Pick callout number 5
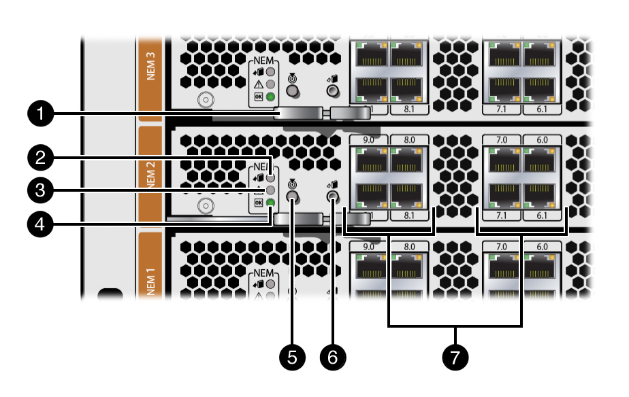click(x=293, y=356)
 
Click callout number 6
click(x=333, y=356)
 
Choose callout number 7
click(x=455, y=356)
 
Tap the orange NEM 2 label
click(x=150, y=175)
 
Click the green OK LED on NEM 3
click(x=270, y=97)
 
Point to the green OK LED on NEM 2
click(x=270, y=202)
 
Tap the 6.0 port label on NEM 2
click(x=543, y=140)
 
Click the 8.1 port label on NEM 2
click(x=410, y=215)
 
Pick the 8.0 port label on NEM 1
click(x=410, y=245)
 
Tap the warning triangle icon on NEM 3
click(x=258, y=84)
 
